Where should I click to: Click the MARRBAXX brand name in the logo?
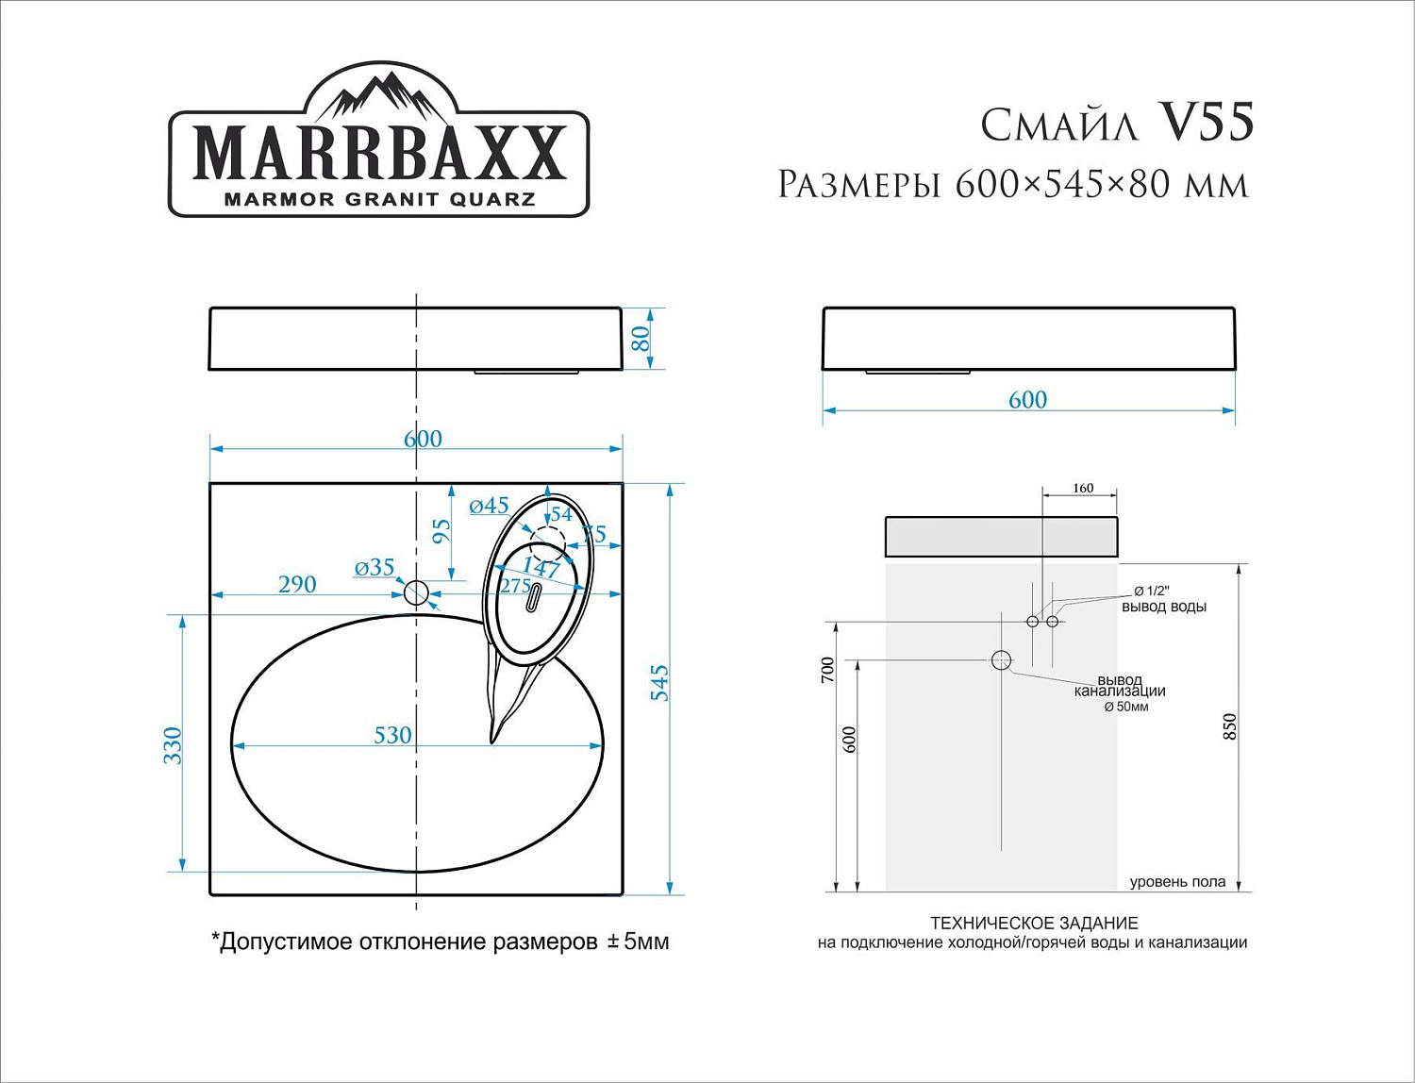tap(379, 152)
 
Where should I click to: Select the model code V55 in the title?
tap(1206, 123)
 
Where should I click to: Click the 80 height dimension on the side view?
tap(641, 339)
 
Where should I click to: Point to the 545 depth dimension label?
tap(659, 683)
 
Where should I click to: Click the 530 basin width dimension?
tap(392, 735)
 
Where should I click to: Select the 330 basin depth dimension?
tap(172, 744)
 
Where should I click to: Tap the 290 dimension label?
tap(297, 585)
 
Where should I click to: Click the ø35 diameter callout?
tap(375, 567)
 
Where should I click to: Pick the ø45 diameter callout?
tap(489, 506)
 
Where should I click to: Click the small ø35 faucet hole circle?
tap(416, 593)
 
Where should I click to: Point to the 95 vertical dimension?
tap(441, 531)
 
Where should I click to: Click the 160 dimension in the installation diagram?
tap(1083, 488)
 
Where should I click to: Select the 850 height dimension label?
tap(1229, 726)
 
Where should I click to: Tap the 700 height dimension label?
tap(828, 671)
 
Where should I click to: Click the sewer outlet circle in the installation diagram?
tap(1001, 660)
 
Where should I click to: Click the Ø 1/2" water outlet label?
tap(1151, 591)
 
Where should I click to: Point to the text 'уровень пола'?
tap(1177, 882)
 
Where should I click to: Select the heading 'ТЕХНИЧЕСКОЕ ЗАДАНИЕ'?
tap(1034, 924)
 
